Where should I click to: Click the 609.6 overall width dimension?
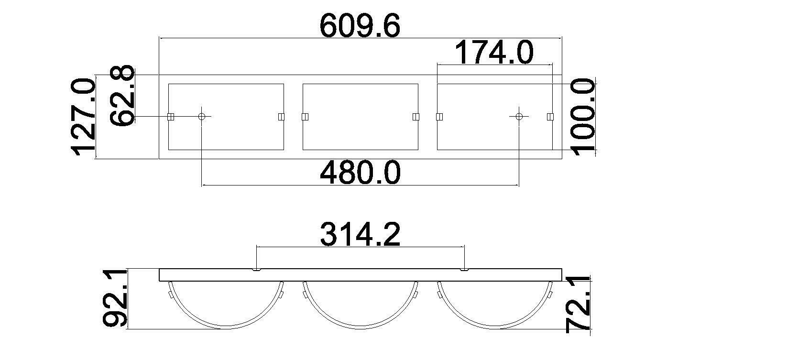tap(360, 26)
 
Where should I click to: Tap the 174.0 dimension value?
tap(494, 52)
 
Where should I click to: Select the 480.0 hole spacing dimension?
tap(360, 173)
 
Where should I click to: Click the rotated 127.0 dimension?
tap(84, 117)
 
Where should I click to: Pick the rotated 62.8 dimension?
tap(122, 96)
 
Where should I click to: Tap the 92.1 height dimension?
tap(115, 298)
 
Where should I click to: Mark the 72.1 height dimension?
tap(578, 304)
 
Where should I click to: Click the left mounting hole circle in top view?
tap(202, 117)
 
